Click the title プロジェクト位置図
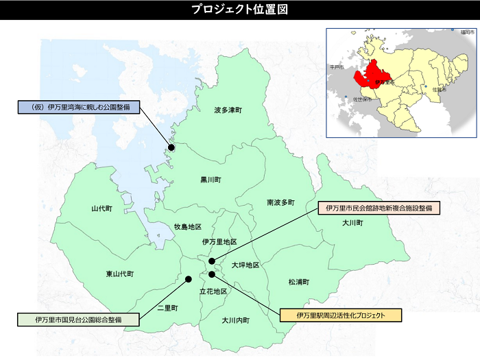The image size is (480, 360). click(239, 10)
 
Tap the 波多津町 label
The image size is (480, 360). click(228, 110)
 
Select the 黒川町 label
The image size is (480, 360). click(211, 180)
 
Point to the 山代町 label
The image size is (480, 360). click(101, 208)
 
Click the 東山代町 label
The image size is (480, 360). click(120, 274)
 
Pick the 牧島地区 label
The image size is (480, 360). click(187, 227)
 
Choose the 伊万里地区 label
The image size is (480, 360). click(219, 242)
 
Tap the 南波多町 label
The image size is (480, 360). click(280, 202)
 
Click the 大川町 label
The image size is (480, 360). click(352, 224)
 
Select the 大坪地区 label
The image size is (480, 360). click(245, 265)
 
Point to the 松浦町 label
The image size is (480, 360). click(299, 282)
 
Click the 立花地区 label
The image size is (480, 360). click(213, 291)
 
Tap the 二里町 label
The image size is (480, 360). click(167, 308)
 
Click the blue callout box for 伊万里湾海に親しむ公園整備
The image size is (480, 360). click(77, 108)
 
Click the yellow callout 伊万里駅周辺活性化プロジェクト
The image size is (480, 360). click(340, 315)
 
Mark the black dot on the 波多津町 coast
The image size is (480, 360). click(171, 147)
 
